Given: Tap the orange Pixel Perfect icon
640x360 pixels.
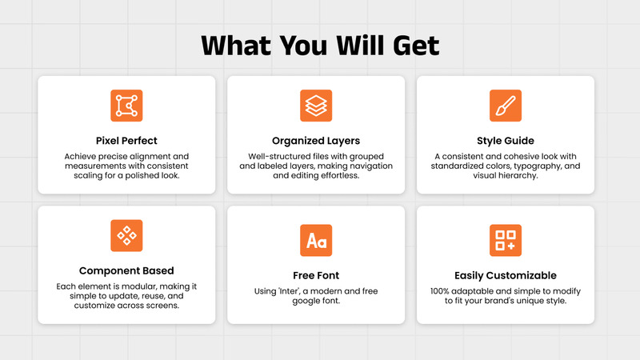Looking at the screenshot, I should (126, 106).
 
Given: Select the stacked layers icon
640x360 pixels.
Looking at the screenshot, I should (316, 106).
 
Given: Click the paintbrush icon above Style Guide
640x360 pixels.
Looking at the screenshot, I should (506, 106).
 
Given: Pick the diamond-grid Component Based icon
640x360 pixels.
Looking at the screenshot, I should (126, 235).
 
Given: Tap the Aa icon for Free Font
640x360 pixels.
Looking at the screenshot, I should (316, 240).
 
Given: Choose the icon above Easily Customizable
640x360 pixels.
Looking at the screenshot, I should (506, 240).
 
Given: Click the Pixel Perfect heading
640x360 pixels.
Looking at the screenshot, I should (126, 141).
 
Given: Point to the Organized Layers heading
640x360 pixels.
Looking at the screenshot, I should (316, 141).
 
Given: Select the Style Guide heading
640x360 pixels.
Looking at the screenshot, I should (506, 141).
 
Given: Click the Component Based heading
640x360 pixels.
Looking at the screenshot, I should (126, 270).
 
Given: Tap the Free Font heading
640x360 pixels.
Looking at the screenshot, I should (316, 275).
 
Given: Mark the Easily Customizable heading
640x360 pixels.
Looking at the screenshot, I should (506, 275).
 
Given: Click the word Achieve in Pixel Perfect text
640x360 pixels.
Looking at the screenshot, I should (83, 155).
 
